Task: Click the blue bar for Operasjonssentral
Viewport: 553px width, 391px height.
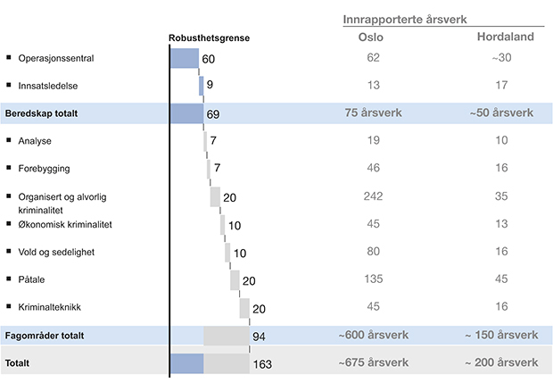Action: (185, 58)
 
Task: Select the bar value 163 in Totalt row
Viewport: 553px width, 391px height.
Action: (261, 364)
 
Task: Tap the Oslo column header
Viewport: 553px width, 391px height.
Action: (373, 37)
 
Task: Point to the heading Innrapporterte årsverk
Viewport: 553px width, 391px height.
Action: (406, 19)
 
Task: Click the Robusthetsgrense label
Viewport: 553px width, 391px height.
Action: (210, 37)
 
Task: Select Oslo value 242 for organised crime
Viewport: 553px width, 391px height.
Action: (373, 195)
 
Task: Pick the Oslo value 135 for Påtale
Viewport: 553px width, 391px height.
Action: (373, 279)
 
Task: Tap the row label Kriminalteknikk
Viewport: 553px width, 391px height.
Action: (49, 307)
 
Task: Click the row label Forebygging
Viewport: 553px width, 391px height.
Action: (44, 168)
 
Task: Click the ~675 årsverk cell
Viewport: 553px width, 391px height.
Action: (373, 363)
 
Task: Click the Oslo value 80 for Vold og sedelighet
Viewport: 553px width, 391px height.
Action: (373, 252)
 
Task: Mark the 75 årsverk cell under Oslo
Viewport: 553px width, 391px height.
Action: (373, 113)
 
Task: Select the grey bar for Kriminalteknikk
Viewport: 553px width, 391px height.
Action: (244, 308)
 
